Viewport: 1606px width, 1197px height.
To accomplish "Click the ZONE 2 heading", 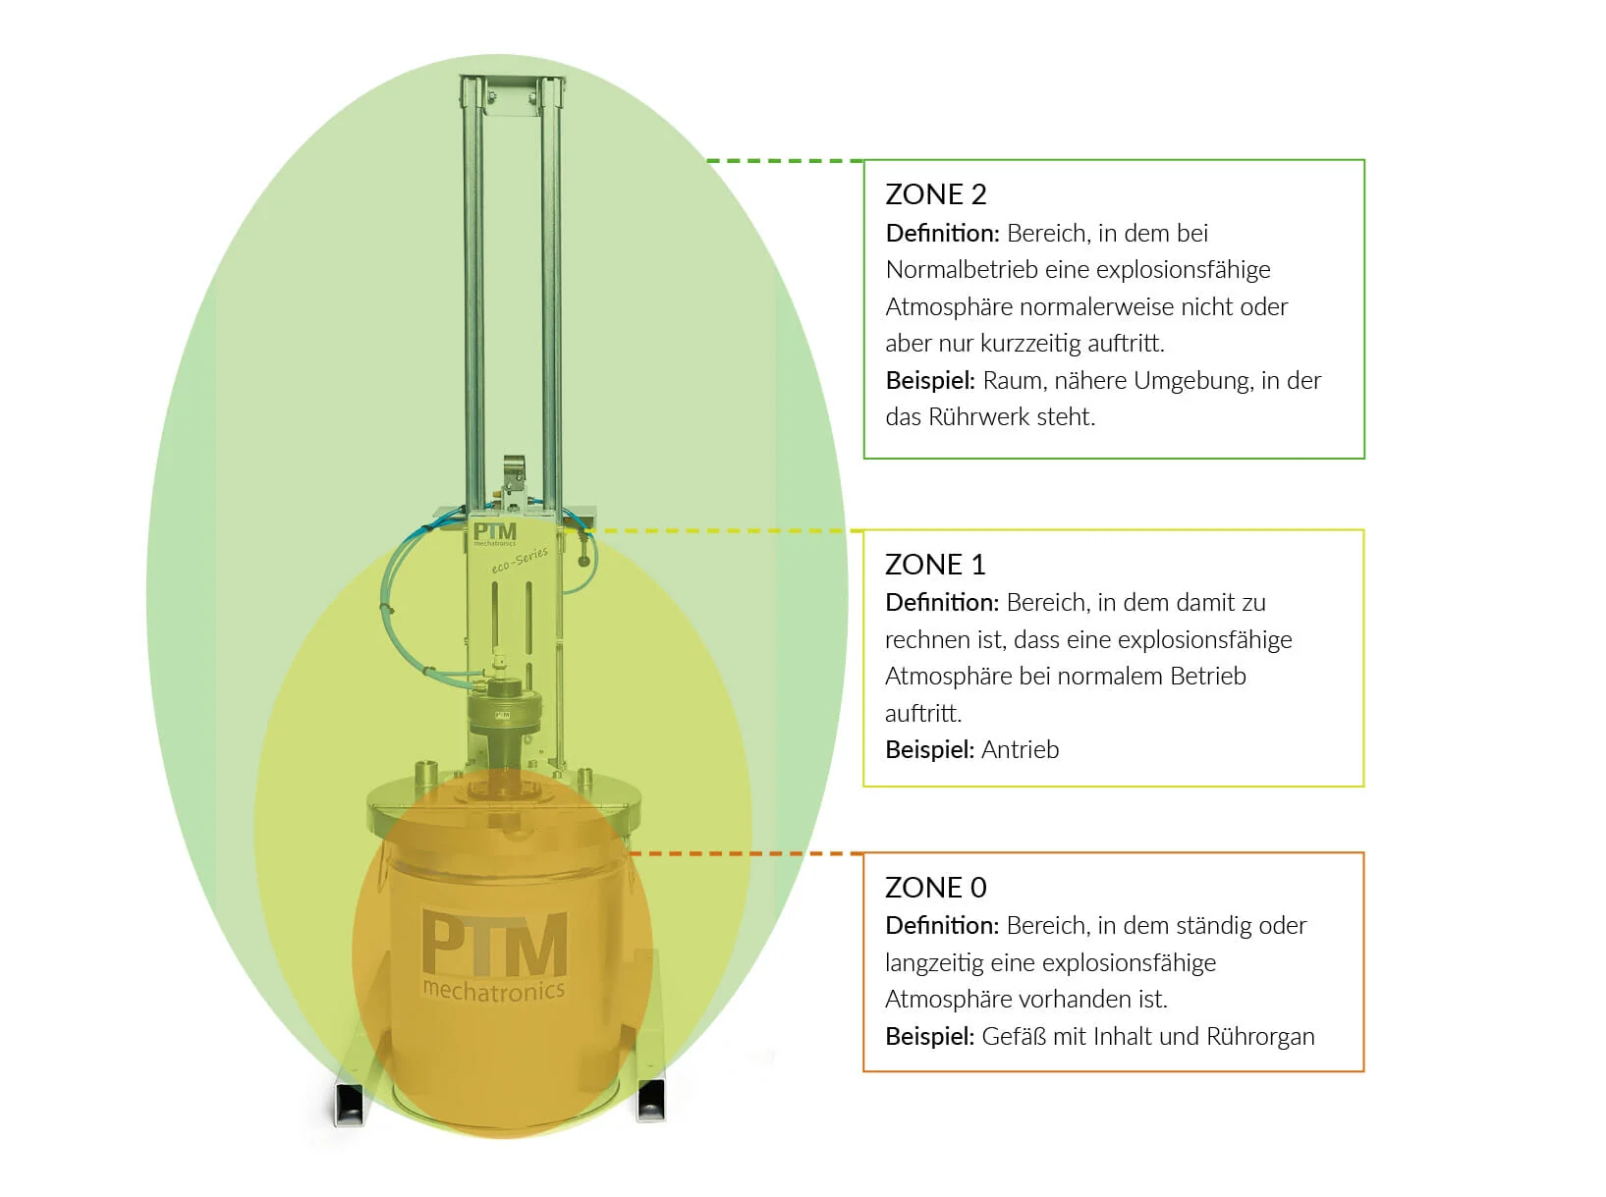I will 935,194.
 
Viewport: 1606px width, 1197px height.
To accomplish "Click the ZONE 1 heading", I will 934,565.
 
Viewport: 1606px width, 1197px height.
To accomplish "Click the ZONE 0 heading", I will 935,888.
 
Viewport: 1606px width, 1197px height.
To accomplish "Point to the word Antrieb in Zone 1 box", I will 1021,750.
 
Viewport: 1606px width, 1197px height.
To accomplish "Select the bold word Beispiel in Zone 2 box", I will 929,381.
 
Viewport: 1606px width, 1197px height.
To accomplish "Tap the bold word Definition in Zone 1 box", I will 941,603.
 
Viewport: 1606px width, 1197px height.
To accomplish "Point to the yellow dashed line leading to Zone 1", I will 727,530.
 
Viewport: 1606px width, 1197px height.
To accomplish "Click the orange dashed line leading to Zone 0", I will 747,853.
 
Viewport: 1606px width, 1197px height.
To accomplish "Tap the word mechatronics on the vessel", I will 493,991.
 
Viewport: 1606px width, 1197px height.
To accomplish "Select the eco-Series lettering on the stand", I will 520,561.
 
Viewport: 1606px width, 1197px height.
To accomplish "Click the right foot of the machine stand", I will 651,1099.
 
